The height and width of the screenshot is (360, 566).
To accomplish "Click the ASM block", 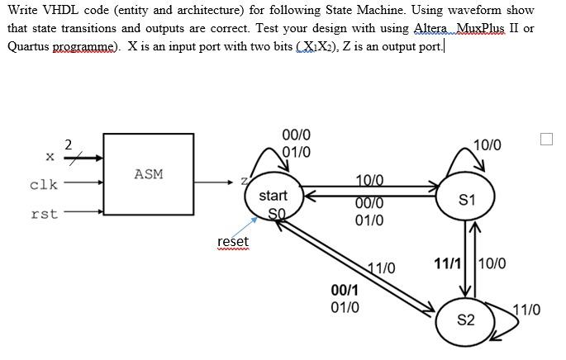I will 149,173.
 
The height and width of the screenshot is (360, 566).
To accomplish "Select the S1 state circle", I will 467,200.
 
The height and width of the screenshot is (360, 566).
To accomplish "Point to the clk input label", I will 44,184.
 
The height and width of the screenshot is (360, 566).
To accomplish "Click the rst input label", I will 44,214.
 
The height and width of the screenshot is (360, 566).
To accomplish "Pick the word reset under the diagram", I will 232,241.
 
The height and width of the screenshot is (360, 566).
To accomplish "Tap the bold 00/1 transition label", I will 345,291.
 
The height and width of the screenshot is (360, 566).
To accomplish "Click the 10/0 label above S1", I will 488,144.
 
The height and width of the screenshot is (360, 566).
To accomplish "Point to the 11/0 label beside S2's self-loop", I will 526,310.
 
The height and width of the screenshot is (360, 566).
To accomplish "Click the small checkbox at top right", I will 545,140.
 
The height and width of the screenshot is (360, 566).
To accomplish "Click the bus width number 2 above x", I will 69,144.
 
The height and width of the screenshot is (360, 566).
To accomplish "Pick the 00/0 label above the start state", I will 297,135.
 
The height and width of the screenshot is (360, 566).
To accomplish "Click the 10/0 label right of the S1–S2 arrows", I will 492,263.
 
